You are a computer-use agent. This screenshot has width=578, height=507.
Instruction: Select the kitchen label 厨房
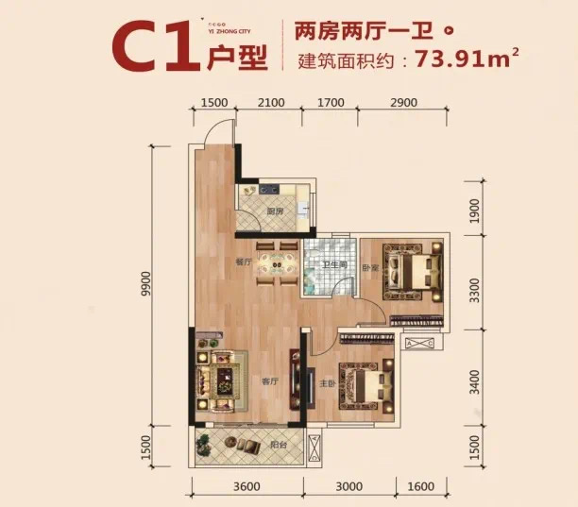pyautogui.click(x=275, y=211)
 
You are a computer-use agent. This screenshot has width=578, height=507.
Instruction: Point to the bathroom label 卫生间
pyautogui.click(x=334, y=265)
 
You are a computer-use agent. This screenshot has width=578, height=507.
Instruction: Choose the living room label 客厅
pyautogui.click(x=269, y=381)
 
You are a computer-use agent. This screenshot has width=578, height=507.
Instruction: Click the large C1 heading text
pyautogui.click(x=152, y=47)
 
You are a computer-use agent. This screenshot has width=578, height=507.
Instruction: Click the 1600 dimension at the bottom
pyautogui.click(x=420, y=486)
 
